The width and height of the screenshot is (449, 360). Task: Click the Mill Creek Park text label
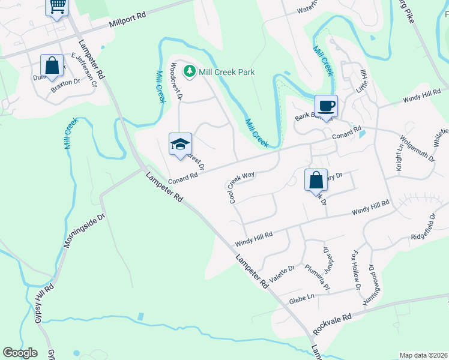pos(228,72)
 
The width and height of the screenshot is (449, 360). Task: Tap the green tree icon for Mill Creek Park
pos(190,72)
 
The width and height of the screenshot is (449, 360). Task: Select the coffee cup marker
pos(326,106)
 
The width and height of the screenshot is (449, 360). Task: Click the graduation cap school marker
pos(180,144)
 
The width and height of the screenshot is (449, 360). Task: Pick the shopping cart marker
pos(57,7)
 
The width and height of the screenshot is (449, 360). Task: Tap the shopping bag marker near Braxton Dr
pos(52,65)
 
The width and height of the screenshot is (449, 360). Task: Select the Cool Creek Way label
pos(241,187)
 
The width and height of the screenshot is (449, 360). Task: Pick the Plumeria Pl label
pos(318,276)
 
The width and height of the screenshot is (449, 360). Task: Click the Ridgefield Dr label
pos(424,225)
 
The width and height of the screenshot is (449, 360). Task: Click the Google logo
pos(20,352)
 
